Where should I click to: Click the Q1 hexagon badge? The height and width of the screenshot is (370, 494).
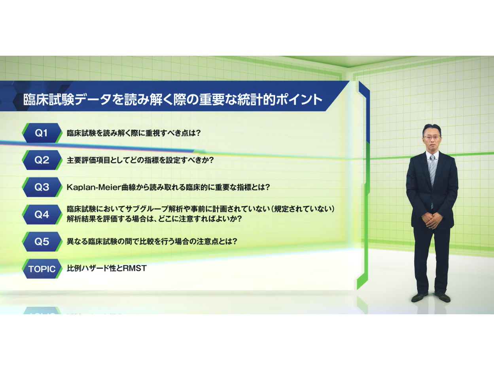click(x=42, y=133)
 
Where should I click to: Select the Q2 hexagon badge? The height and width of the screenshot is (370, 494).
click(x=42, y=160)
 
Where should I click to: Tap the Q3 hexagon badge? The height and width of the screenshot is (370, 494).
click(x=42, y=187)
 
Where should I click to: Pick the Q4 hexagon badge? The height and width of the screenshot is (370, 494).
click(x=42, y=214)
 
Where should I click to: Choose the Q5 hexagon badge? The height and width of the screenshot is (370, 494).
click(x=42, y=242)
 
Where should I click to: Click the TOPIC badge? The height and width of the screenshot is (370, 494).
click(x=42, y=269)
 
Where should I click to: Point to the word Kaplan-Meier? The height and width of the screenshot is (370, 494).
click(x=94, y=187)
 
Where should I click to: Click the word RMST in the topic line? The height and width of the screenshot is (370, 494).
click(x=135, y=268)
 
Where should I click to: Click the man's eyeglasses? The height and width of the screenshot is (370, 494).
click(x=432, y=137)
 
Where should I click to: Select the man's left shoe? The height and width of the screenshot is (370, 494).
click(x=442, y=297)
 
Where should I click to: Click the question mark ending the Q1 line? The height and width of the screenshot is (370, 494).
click(x=198, y=133)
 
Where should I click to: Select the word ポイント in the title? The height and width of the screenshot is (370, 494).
click(x=299, y=99)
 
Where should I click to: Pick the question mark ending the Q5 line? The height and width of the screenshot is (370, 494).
click(x=235, y=242)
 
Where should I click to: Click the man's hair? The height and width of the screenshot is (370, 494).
click(x=432, y=128)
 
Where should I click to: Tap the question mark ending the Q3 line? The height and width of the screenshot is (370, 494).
click(x=267, y=187)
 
